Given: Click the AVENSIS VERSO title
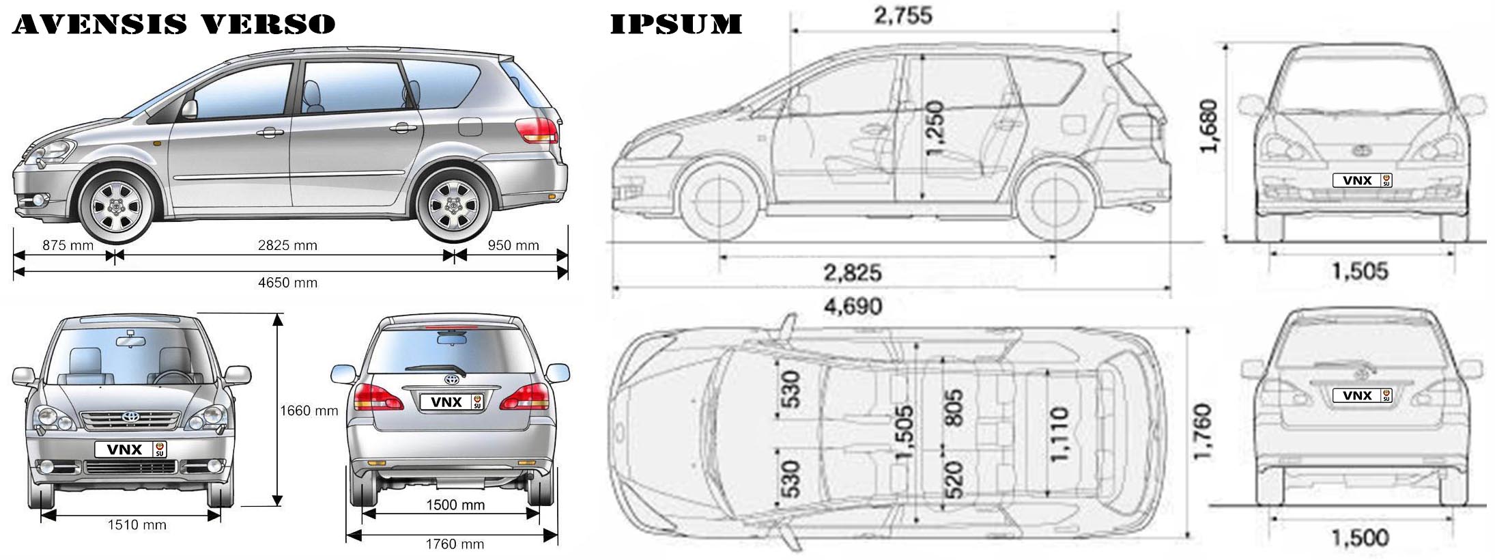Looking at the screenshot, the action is (174, 24).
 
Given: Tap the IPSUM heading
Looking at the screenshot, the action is (676, 24).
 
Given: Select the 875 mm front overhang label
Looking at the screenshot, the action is (68, 245).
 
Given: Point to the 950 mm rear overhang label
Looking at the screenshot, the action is (513, 245).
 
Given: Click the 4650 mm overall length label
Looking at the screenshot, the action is (287, 283).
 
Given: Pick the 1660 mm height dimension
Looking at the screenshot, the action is (309, 410).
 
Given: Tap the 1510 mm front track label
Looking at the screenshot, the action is (137, 525).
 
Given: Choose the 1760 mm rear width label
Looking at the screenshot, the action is (455, 544).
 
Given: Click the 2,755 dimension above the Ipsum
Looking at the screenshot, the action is (903, 16).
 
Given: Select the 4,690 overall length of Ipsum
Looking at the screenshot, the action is (853, 307).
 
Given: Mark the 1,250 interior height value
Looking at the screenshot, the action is (935, 128).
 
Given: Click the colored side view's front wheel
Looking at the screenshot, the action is (117, 204).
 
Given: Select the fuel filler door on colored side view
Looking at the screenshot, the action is (470, 126).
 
